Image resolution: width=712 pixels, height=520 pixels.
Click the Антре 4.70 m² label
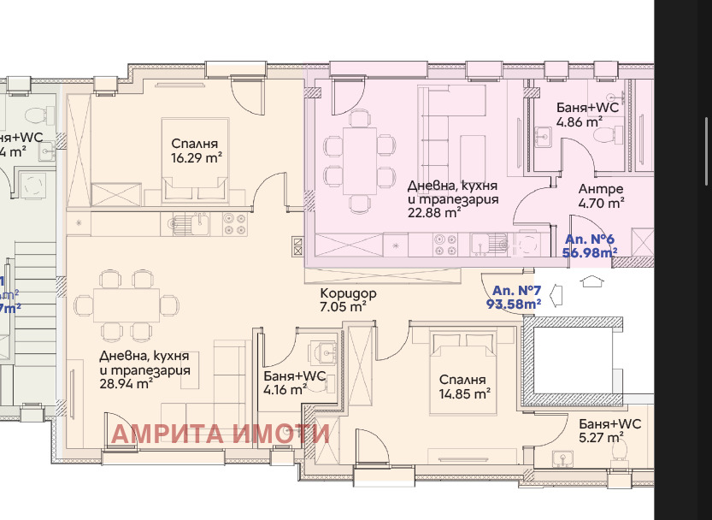(601, 196)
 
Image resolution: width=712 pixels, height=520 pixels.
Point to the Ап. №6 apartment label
(591, 246)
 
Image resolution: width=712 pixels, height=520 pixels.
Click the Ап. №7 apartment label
(515, 296)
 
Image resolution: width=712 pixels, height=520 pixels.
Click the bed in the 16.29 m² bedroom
(196, 162)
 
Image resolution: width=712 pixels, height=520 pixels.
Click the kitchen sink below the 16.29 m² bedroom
(186, 224)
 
